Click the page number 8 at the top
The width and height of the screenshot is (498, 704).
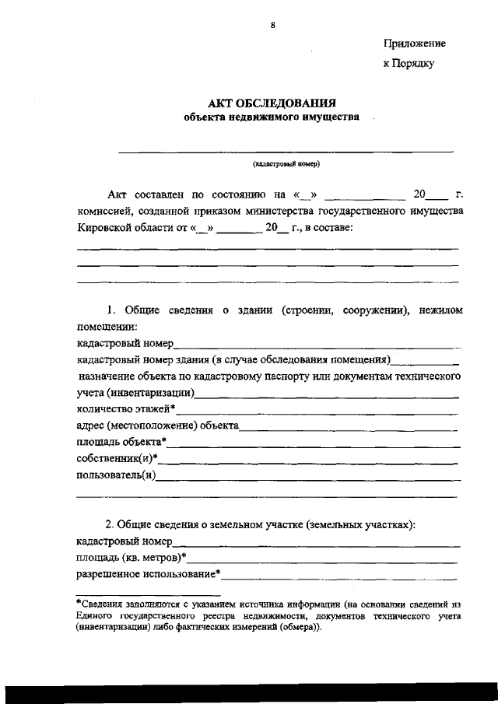[272, 26]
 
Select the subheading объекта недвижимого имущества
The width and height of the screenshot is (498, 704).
[272, 118]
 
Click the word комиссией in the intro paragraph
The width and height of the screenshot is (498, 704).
[103, 211]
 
